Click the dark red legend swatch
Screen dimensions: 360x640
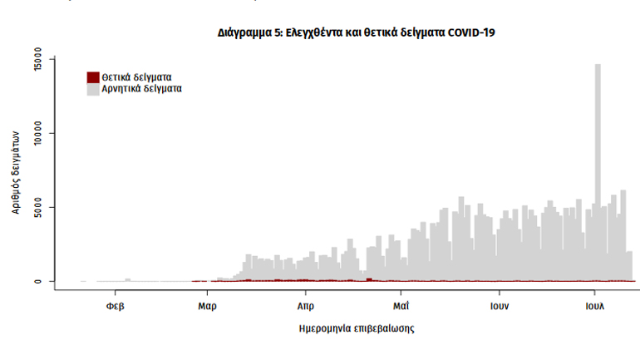point(93,77)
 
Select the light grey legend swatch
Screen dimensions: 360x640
point(93,88)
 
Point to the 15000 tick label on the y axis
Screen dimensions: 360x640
point(37,60)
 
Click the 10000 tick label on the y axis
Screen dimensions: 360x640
point(37,133)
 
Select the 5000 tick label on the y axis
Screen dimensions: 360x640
point(37,207)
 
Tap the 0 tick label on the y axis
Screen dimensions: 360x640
point(37,281)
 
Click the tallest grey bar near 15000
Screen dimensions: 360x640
point(598,166)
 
